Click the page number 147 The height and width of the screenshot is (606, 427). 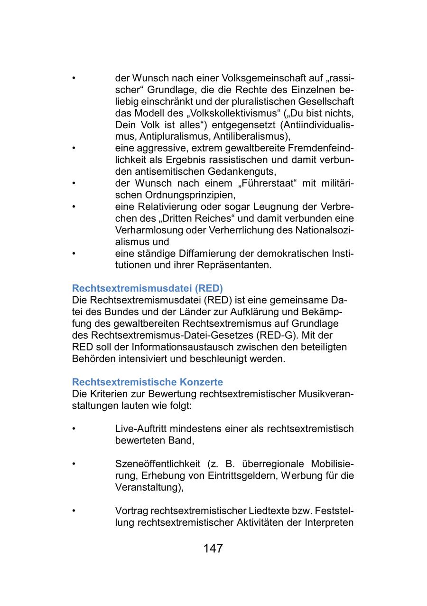[x=213, y=549]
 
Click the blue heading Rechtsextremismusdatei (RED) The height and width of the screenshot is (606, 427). [x=147, y=288]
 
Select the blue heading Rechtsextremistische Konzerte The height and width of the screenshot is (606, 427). [x=147, y=382]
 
